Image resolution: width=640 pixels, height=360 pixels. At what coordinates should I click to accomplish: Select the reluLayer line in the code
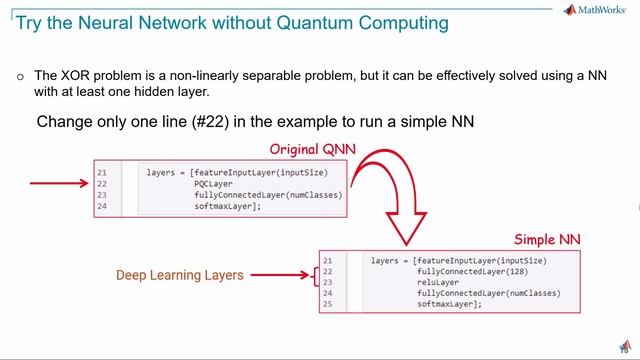tap(438, 282)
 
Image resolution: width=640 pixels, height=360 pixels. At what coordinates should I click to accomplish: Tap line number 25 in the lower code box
tap(327, 304)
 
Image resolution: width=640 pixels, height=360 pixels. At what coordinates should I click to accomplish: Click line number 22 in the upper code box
tap(102, 184)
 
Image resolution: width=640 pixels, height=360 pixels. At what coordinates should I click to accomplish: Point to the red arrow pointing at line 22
tap(59, 184)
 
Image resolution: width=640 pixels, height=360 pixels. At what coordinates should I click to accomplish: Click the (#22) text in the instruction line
tap(218, 121)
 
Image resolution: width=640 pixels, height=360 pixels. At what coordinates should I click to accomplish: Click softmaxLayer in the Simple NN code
tap(450, 304)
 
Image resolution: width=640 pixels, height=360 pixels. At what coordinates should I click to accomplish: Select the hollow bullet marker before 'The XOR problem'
tap(19, 76)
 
